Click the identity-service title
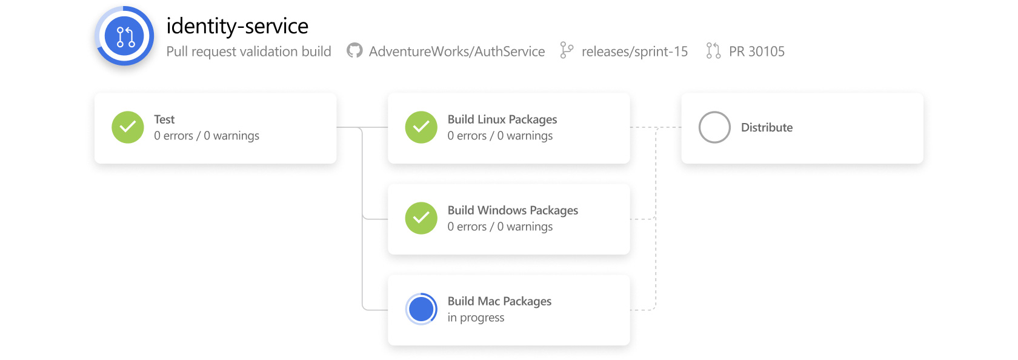click(237, 26)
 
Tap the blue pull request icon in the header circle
click(125, 36)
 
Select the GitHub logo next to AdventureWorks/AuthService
click(354, 51)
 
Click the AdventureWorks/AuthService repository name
click(457, 52)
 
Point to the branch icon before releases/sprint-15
click(567, 50)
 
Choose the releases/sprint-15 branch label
click(634, 52)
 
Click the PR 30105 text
click(756, 52)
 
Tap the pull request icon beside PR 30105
click(713, 51)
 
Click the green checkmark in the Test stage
click(128, 127)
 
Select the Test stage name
click(164, 119)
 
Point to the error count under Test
click(173, 136)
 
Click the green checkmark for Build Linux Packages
click(421, 127)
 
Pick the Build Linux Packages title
click(502, 119)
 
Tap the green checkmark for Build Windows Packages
click(421, 218)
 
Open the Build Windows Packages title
click(513, 210)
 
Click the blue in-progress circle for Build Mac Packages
click(421, 309)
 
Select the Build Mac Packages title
click(499, 301)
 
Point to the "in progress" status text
click(476, 318)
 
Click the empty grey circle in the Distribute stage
click(714, 127)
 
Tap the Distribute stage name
click(767, 127)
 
